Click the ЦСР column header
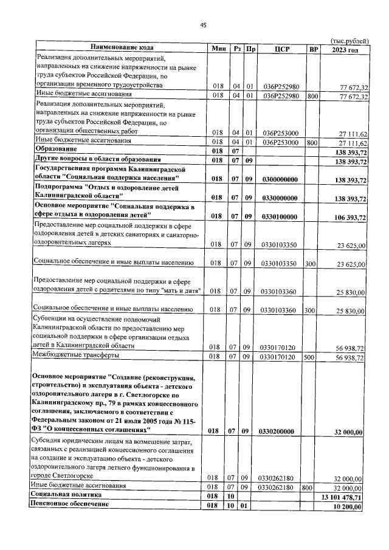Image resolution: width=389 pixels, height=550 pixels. pos(280,49)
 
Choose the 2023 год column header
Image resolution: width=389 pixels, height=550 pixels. pos(345,49)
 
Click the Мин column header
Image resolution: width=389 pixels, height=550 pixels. pos(219,49)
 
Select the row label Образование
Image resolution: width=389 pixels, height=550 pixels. pos(56,150)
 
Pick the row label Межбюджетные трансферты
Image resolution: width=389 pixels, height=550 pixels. pos(75,355)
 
